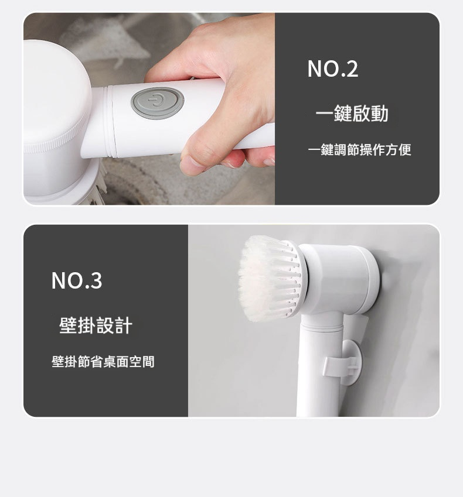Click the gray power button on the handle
(157, 102)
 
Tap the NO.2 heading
(333, 68)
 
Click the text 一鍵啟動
(352, 114)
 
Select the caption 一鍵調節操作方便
(359, 150)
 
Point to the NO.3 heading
(77, 280)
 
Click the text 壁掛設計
(96, 325)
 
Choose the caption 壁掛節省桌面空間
(103, 362)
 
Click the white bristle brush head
(270, 278)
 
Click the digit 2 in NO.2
(352, 69)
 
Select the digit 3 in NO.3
(96, 281)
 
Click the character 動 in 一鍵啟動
(380, 114)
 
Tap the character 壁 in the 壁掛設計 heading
(68, 325)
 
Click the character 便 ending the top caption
(405, 150)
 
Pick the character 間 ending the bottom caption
(148, 362)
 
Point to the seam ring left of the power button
(110, 122)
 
